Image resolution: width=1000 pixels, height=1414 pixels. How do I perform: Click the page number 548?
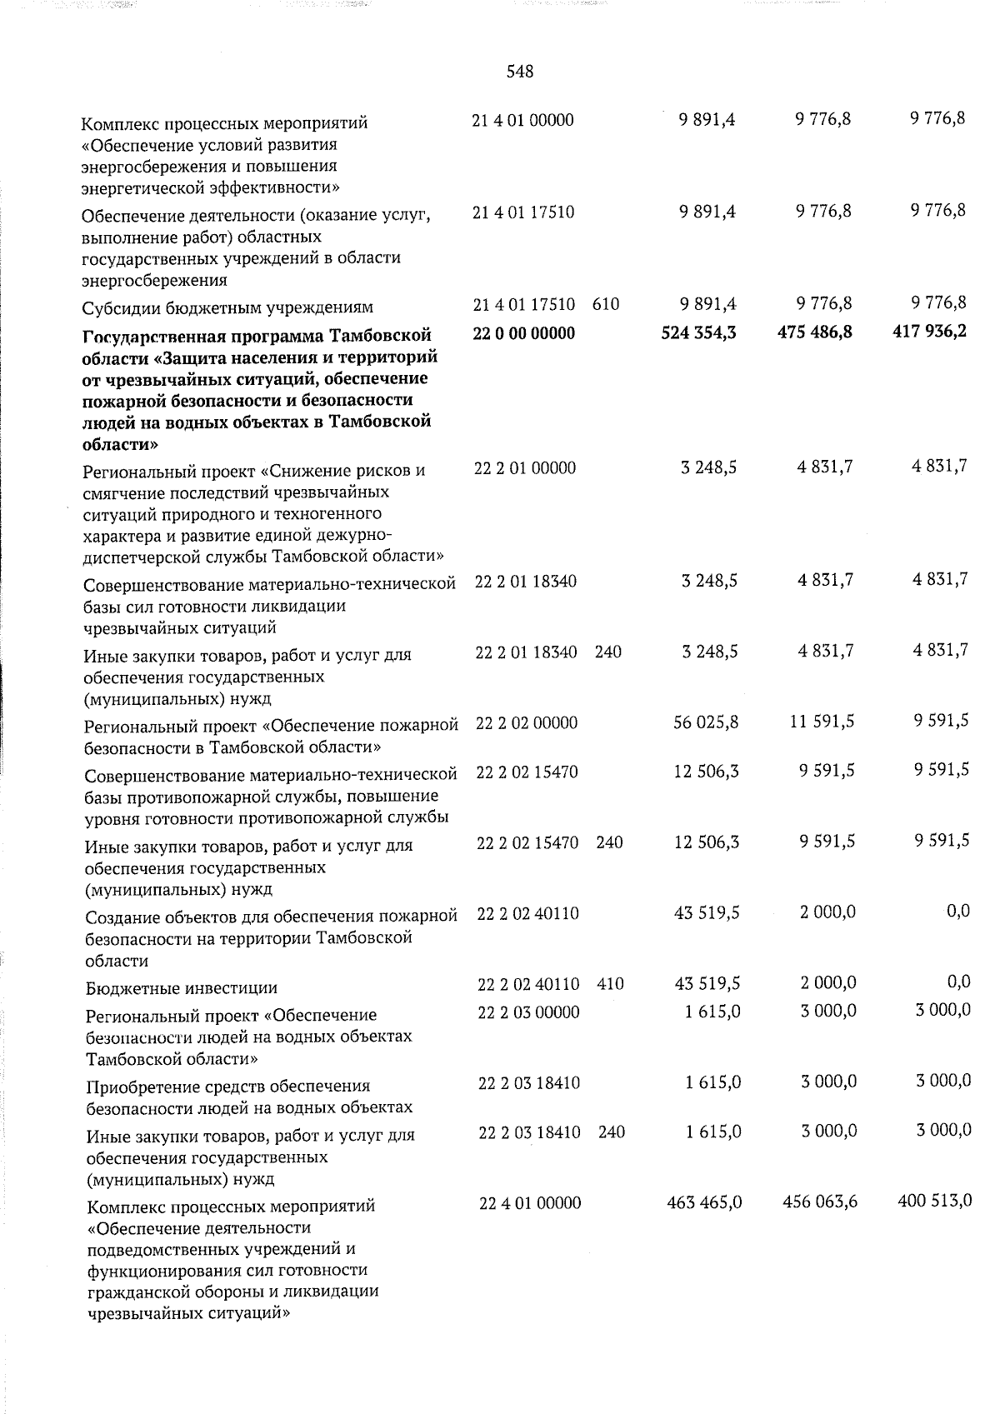[x=519, y=72]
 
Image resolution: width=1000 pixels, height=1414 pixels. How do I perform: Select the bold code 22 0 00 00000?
[x=523, y=333]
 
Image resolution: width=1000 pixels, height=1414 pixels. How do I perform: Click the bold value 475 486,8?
[x=814, y=333]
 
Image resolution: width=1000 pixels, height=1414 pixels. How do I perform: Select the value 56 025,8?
[x=706, y=722]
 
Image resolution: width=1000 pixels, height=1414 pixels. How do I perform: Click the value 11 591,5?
[x=822, y=722]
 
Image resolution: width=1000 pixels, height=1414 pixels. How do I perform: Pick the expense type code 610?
[x=606, y=304]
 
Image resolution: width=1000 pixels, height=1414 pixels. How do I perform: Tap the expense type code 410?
[x=611, y=984]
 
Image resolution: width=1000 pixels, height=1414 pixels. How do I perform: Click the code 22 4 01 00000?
[x=531, y=1203]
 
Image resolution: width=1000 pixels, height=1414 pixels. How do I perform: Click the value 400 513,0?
[x=934, y=1201]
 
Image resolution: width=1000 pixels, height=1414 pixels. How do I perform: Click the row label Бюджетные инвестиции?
[x=182, y=988]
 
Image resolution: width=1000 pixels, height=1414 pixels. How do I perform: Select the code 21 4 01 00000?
[x=522, y=120]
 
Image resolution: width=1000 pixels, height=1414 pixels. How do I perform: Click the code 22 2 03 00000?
[x=529, y=1012]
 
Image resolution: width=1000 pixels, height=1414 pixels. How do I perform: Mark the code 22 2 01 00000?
[x=525, y=468]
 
